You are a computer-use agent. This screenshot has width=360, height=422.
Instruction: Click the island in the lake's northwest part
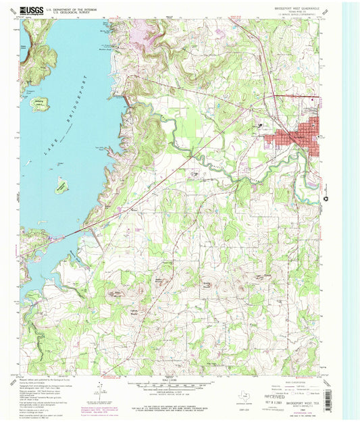pyautogui.click(x=38, y=105)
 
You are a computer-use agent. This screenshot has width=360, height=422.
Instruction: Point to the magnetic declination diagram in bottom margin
pyautogui.click(x=99, y=390)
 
